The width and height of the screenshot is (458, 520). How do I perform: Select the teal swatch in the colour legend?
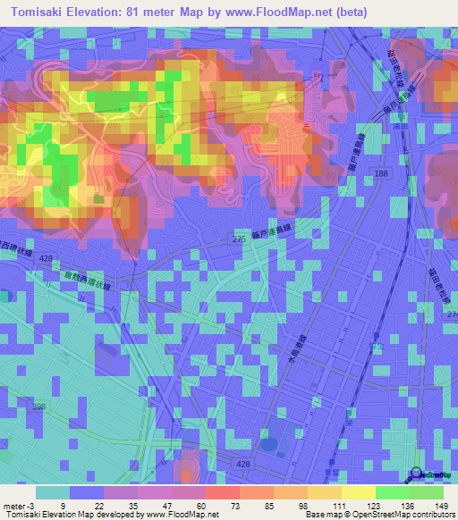[x=53, y=492]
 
